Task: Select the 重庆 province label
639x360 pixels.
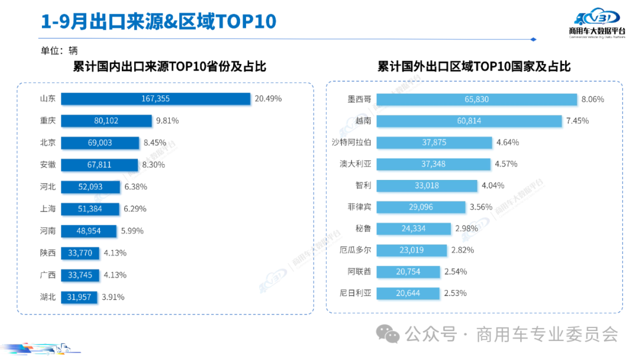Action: [x=47, y=121]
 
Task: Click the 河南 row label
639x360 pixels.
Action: [x=47, y=230]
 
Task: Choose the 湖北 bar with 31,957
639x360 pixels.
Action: [x=79, y=297]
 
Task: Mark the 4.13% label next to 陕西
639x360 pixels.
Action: [x=115, y=253]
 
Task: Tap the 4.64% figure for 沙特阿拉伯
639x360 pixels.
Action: [x=509, y=143]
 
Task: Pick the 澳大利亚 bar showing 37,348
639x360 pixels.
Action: [x=434, y=164]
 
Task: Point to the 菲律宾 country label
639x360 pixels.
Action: [x=359, y=207]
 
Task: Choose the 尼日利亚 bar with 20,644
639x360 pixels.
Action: [x=408, y=293]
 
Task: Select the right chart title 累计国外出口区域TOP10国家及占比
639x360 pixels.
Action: [x=474, y=67]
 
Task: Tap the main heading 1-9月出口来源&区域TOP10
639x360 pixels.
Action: [x=159, y=22]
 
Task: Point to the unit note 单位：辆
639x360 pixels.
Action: [x=59, y=51]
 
